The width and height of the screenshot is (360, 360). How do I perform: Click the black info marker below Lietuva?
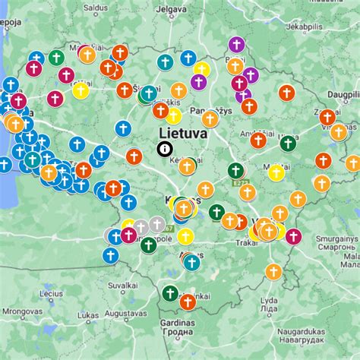[x=164, y=150]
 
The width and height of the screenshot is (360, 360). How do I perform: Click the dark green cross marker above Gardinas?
[x=170, y=293]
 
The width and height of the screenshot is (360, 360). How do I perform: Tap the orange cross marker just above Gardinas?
[x=188, y=302]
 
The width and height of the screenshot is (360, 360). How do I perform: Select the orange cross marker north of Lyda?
[x=274, y=271]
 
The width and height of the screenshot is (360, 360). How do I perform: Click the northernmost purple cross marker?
[x=237, y=44]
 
